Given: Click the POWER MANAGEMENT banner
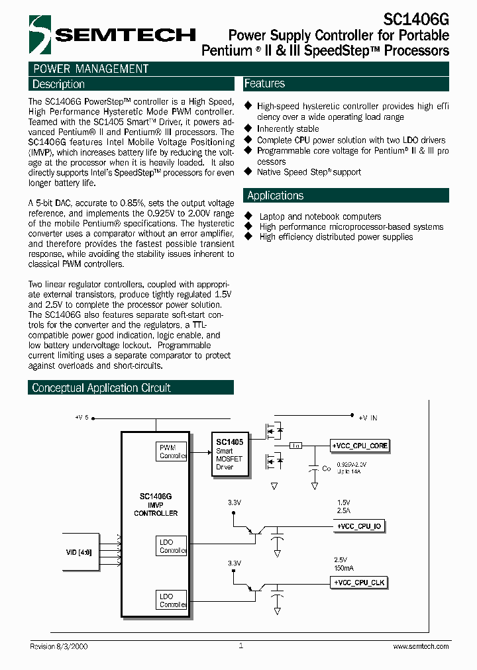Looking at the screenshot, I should [91, 69].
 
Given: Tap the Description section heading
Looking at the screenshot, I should [59, 84].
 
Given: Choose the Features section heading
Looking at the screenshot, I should [264, 83].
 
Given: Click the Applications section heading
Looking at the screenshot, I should [275, 195].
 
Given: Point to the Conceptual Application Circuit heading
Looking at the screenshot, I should [101, 388].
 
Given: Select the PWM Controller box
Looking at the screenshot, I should [172, 452].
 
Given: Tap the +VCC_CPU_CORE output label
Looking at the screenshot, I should [360, 446].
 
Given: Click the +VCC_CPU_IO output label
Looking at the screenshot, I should [358, 526].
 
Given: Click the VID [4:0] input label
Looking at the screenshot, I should [79, 551].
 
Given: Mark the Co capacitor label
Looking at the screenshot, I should [326, 469].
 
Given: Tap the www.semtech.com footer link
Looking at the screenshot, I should [421, 646].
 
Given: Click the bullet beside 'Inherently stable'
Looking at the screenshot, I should [248, 128].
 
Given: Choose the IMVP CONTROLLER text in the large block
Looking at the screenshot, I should [156, 508].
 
